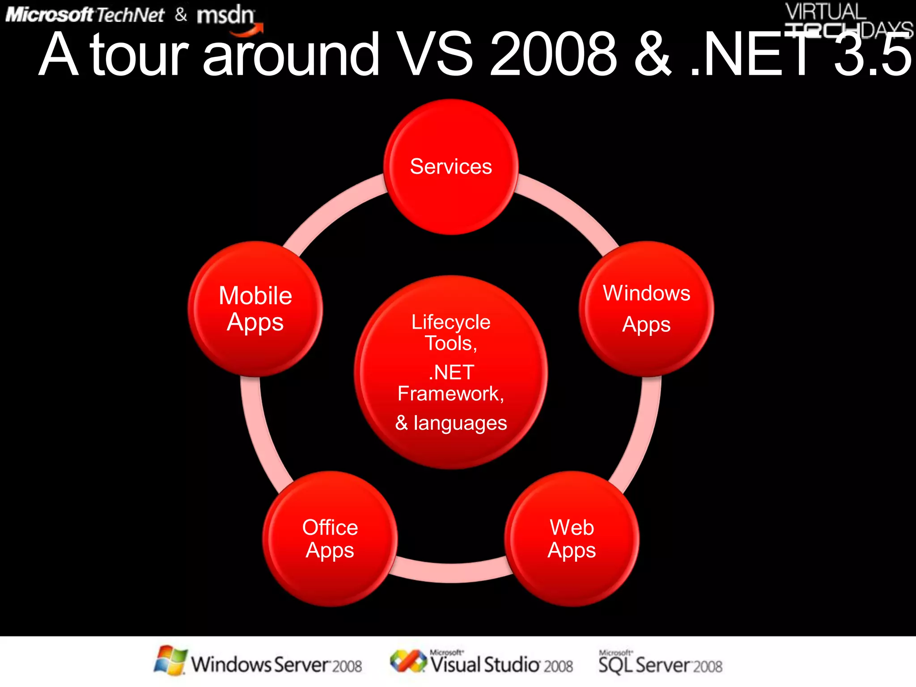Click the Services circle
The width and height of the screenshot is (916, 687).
point(451,167)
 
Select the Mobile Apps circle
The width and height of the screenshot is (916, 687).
point(255,309)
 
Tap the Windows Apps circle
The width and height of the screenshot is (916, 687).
point(646,309)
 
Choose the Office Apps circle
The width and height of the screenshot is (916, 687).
point(330,539)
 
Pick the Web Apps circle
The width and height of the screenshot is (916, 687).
point(572,539)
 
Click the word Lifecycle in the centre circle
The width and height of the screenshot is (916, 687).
point(451,322)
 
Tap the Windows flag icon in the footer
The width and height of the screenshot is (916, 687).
point(170,660)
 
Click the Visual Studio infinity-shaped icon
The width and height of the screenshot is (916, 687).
point(408,661)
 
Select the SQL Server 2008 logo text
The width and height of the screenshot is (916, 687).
point(660,664)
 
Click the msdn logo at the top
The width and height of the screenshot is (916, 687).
point(226,16)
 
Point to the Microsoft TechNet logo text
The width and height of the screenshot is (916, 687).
point(85,15)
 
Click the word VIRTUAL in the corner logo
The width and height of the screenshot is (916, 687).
point(826,12)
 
